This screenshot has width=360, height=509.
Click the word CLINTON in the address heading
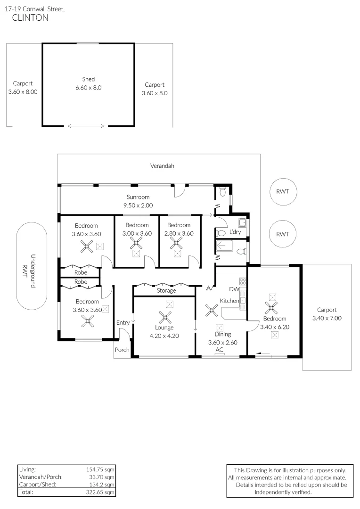29,18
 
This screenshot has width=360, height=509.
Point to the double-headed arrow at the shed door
86,126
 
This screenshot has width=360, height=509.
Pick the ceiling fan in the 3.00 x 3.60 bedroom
137,243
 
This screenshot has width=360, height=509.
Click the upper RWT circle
282,191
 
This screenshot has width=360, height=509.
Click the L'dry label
235,232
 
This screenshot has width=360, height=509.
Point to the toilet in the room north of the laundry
222,191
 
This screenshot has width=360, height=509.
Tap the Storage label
166,291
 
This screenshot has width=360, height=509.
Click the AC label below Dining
219,350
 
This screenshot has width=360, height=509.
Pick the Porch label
123,350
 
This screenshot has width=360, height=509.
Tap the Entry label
123,322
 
